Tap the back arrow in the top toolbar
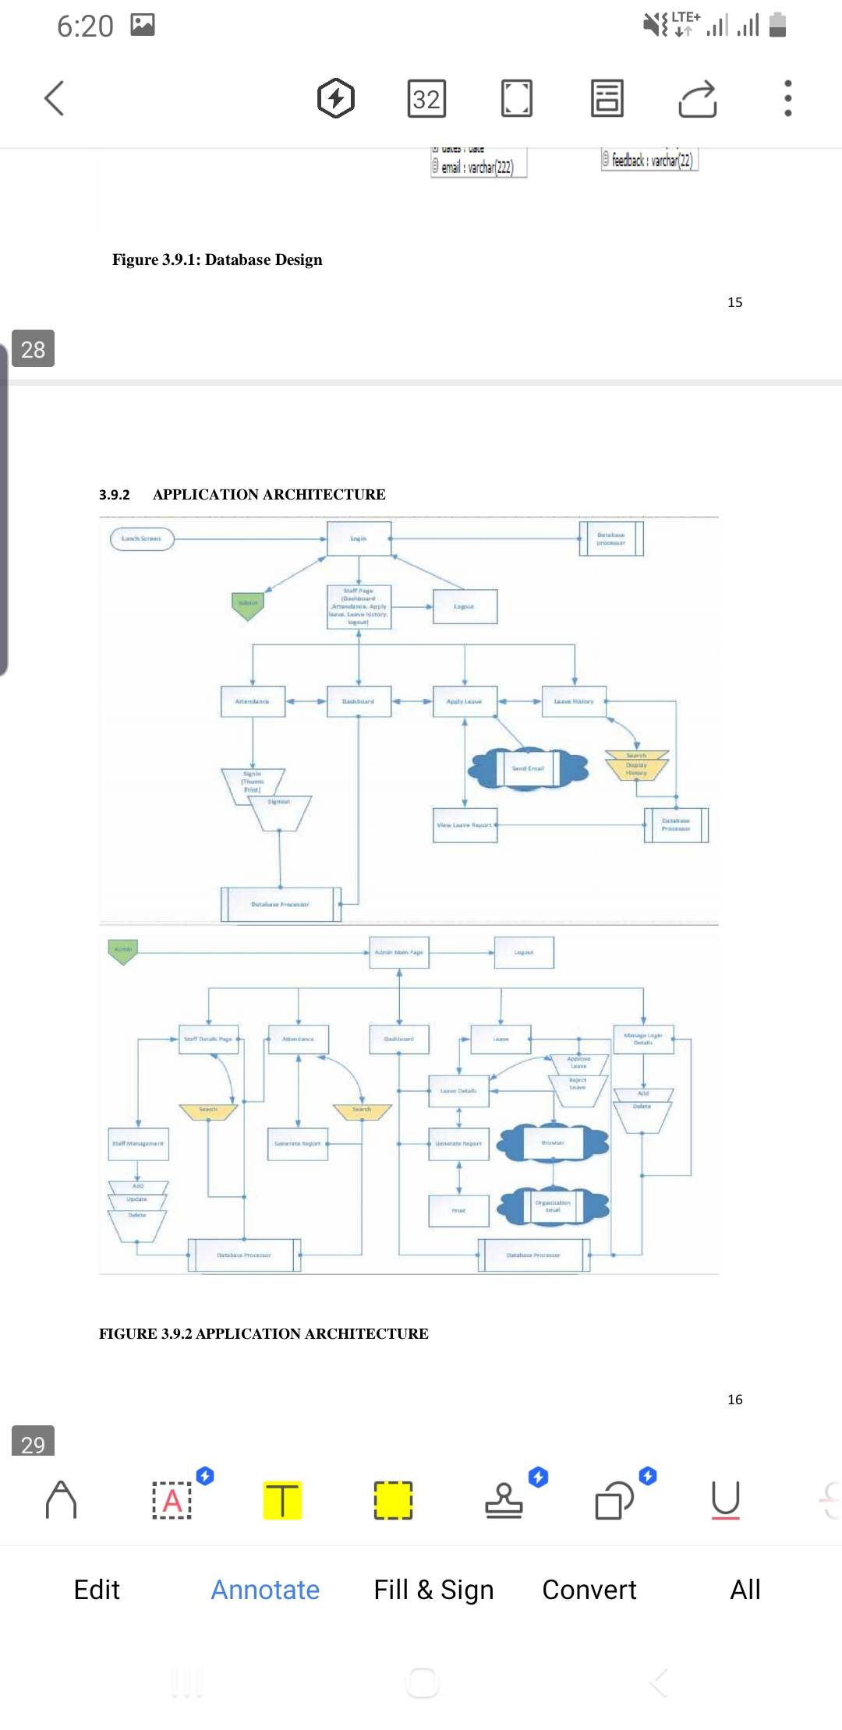[54, 98]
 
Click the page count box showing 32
[426, 99]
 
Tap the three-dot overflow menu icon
[787, 98]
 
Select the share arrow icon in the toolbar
[697, 99]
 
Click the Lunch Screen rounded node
[142, 538]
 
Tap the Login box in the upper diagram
[359, 538]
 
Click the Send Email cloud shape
[528, 768]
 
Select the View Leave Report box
[465, 824]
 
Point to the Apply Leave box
[465, 701]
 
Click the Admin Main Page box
[399, 952]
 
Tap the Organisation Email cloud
[553, 1206]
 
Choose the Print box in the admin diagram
[458, 1210]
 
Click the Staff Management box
[138, 1143]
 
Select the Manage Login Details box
[643, 1039]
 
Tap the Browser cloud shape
[553, 1142]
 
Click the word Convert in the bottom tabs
[589, 1590]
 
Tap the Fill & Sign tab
[433, 1590]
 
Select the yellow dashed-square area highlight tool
[393, 1500]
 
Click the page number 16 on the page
[734, 1400]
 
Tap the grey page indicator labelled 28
[33, 349]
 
